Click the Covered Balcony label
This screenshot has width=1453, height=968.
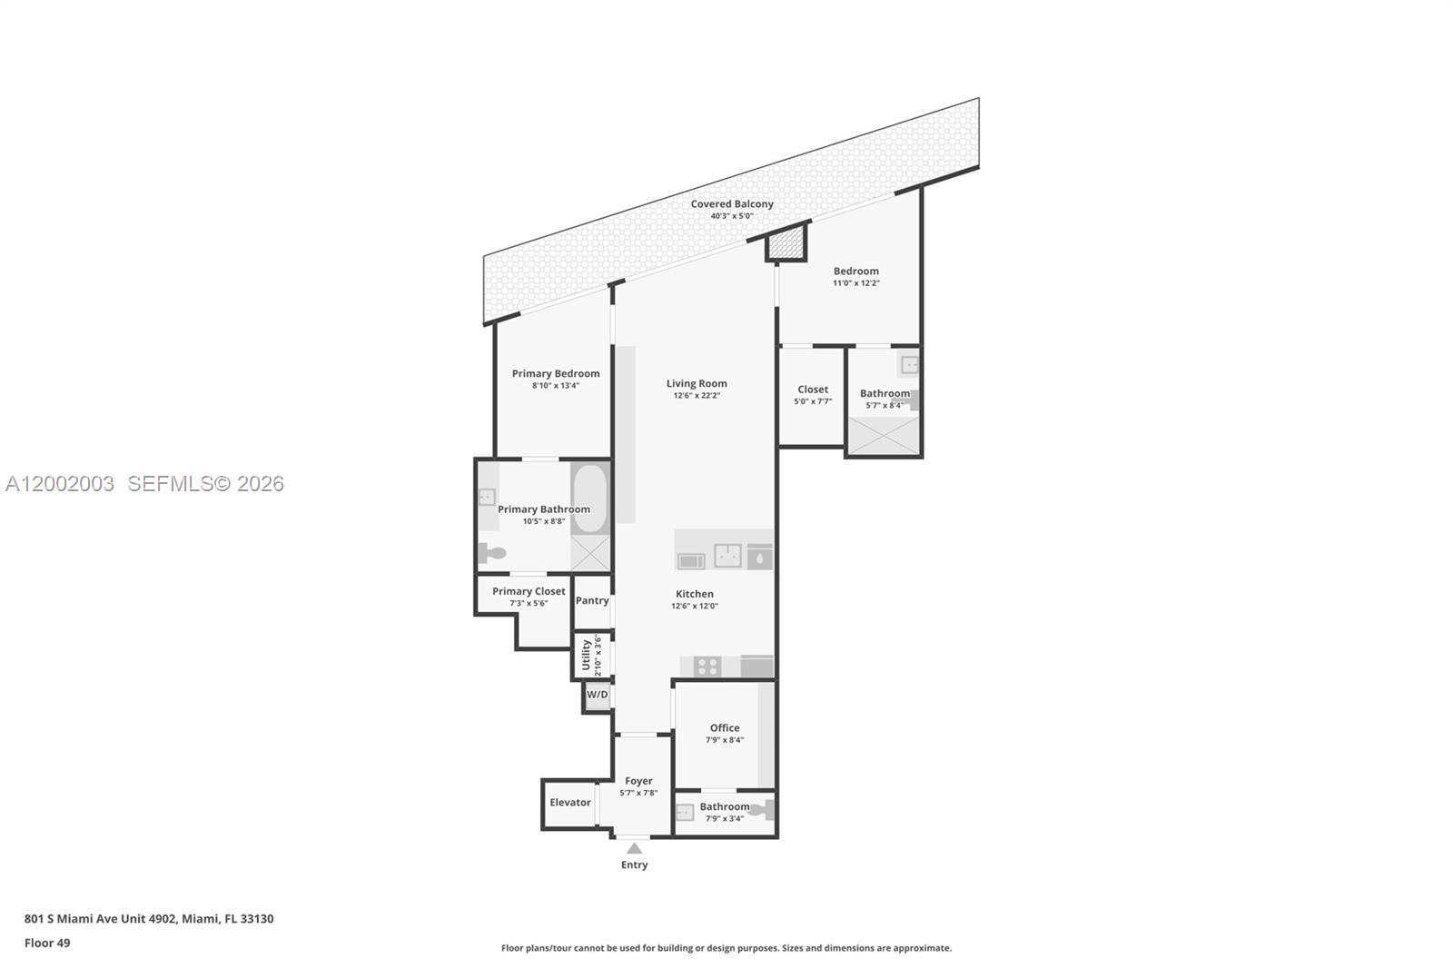pyautogui.click(x=732, y=204)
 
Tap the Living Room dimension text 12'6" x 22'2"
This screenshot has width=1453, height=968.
pyautogui.click(x=697, y=396)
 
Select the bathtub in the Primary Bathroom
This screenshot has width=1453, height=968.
pyautogui.click(x=589, y=498)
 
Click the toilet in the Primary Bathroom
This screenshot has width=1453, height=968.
pyautogui.click(x=491, y=552)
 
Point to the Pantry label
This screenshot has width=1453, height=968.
pyautogui.click(x=592, y=601)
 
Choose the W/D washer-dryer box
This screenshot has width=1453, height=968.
pyautogui.click(x=597, y=696)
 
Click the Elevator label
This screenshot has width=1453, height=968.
pyautogui.click(x=570, y=803)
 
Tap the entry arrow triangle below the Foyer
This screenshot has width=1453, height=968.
pyautogui.click(x=635, y=849)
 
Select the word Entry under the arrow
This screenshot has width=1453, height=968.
pyautogui.click(x=635, y=865)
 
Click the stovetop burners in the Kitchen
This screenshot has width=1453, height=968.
pyautogui.click(x=707, y=667)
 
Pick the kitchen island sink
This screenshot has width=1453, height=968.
pyautogui.click(x=727, y=556)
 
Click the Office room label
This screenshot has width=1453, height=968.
pyautogui.click(x=725, y=728)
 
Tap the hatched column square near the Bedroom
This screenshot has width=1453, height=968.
pyautogui.click(x=786, y=242)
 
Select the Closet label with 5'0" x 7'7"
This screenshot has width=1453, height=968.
pyautogui.click(x=813, y=390)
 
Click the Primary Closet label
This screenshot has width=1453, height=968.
pyautogui.click(x=529, y=592)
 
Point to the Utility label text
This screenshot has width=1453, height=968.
pyautogui.click(x=587, y=655)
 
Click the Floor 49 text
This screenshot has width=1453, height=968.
pyautogui.click(x=47, y=943)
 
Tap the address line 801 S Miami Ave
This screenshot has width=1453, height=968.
pyautogui.click(x=149, y=919)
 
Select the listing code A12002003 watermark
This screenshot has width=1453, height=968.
pyautogui.click(x=60, y=484)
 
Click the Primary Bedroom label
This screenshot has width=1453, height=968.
pyautogui.click(x=556, y=374)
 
